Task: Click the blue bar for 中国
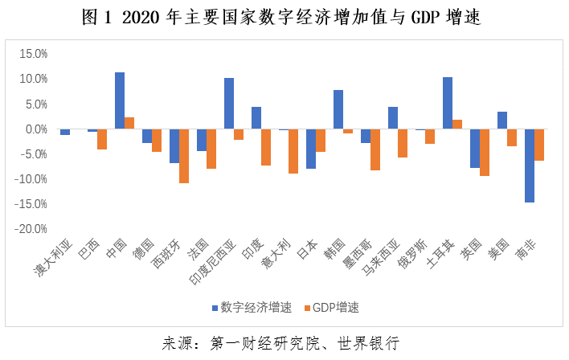tap(120, 101)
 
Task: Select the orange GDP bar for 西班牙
tap(184, 156)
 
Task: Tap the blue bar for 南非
tap(529, 166)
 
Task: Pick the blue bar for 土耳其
tap(448, 104)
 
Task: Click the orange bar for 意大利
tap(293, 151)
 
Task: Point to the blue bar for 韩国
tap(338, 110)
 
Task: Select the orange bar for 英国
tap(485, 153)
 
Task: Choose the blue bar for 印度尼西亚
tap(229, 104)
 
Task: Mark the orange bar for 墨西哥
tap(375, 149)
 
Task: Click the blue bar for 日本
tap(311, 149)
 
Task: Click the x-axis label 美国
tap(499, 250)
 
